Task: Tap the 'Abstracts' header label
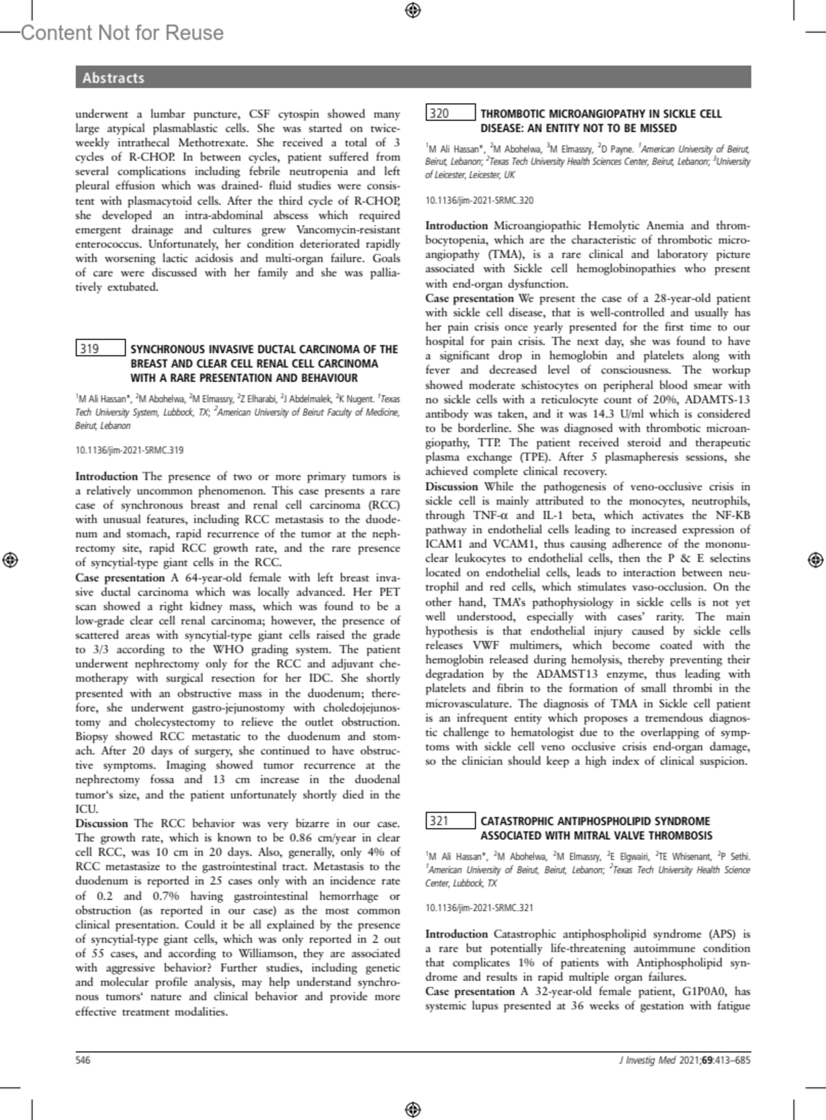click(x=114, y=78)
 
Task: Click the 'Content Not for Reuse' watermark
click(x=123, y=32)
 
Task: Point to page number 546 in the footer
click(x=83, y=1060)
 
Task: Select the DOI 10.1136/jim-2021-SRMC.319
click(x=129, y=450)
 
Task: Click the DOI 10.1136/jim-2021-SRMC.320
click(x=479, y=200)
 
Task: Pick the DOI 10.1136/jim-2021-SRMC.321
click(x=479, y=908)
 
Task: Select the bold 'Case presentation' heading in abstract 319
click(x=120, y=578)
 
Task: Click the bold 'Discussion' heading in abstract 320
click(x=451, y=486)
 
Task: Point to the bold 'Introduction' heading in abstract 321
click(x=456, y=934)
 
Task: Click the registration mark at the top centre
click(x=413, y=10)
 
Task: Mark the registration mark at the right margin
click(x=815, y=560)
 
